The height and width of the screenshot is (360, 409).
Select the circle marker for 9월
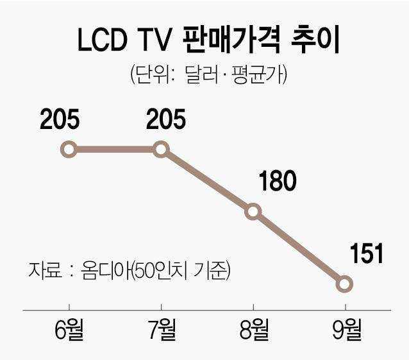[345, 283]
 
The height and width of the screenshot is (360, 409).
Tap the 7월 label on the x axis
[161, 331]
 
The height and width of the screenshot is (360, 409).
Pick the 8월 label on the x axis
[253, 331]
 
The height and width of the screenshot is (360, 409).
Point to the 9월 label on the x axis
[345, 331]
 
